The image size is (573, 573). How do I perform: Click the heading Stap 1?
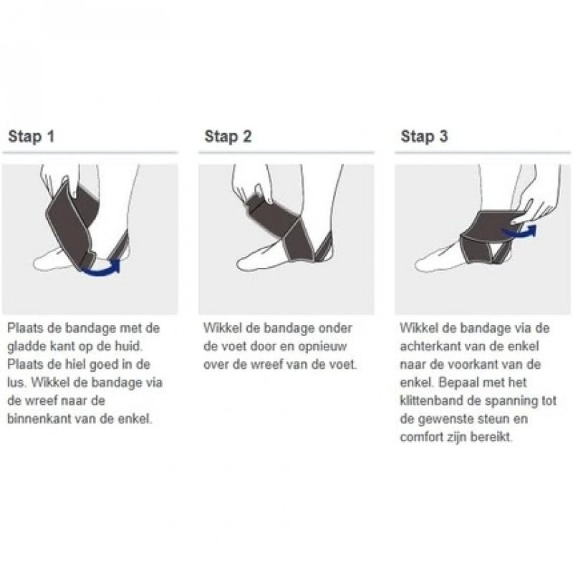click(32, 136)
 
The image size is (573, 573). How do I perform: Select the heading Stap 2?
click(228, 136)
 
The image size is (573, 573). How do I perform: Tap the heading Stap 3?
click(424, 136)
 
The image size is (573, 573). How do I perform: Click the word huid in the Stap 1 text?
click(128, 347)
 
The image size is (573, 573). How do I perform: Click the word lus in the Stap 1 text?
click(16, 382)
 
